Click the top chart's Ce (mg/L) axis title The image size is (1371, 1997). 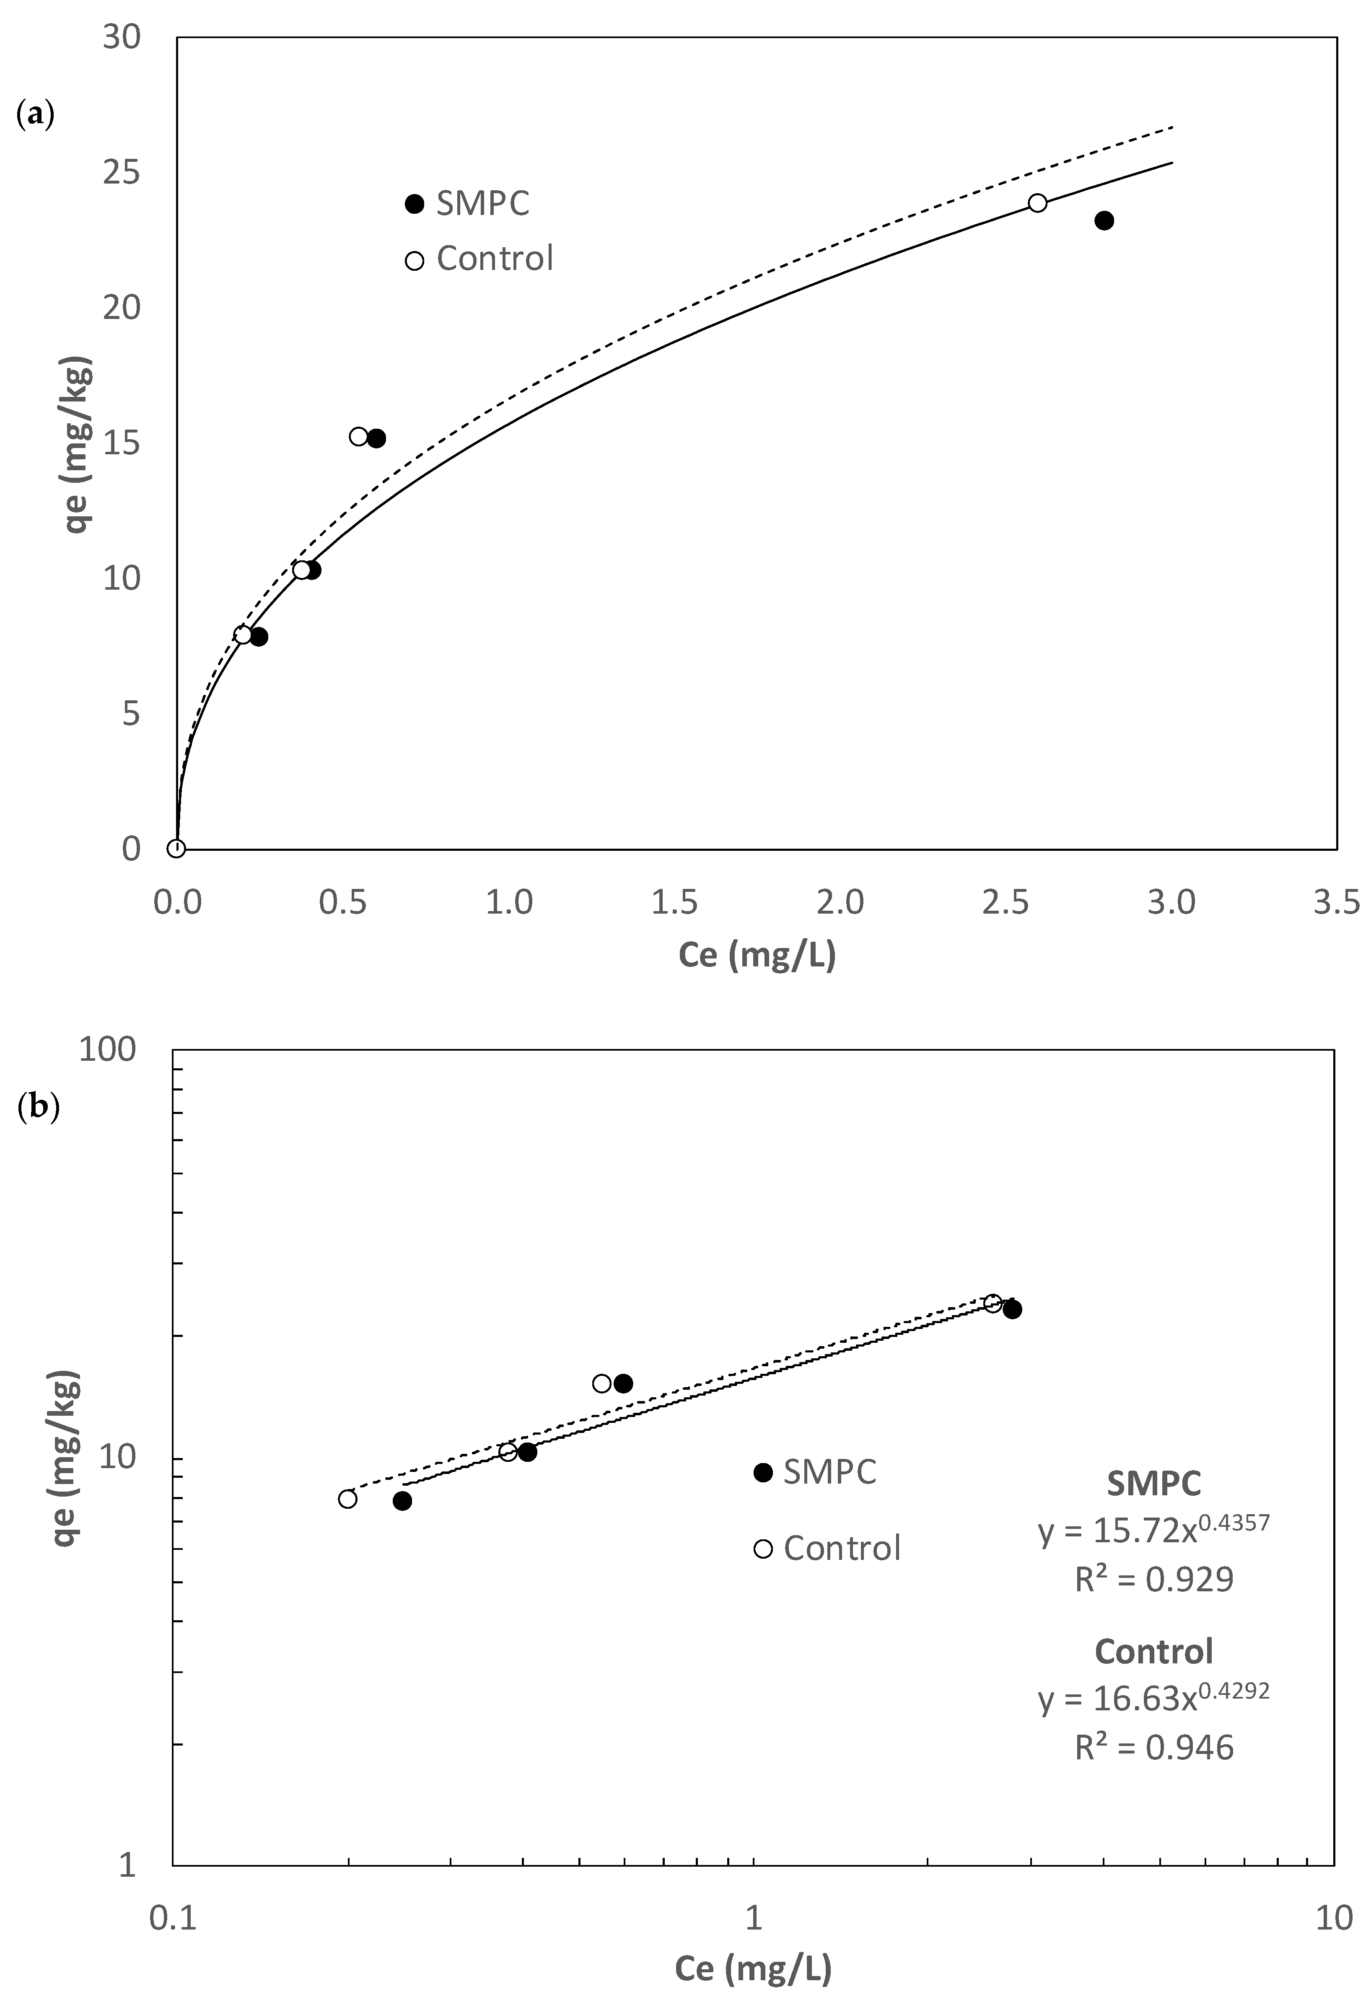[757, 955]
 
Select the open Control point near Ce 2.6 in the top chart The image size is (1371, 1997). [1037, 203]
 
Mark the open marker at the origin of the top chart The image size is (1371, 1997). [176, 849]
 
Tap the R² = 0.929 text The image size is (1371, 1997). [1153, 1580]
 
